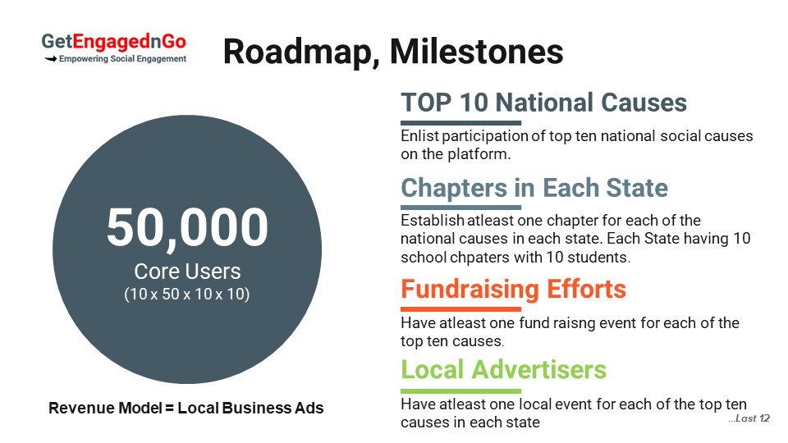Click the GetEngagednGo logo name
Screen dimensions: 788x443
113,42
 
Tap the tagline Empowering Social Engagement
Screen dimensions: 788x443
122,59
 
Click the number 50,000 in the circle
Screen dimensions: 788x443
187,227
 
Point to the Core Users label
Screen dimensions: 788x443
187,272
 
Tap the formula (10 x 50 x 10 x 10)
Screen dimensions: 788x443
187,294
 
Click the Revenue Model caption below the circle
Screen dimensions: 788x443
186,408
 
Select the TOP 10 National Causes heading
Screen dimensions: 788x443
543,103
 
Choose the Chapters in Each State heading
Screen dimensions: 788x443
534,189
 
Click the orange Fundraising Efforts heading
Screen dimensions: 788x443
513,290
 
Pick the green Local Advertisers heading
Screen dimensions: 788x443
503,370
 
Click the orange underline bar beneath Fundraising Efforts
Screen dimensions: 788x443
460,309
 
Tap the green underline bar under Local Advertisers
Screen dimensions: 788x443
460,390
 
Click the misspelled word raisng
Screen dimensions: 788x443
575,323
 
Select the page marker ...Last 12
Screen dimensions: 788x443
749,418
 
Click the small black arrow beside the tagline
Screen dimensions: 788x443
50,59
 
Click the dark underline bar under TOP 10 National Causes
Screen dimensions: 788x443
460,123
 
